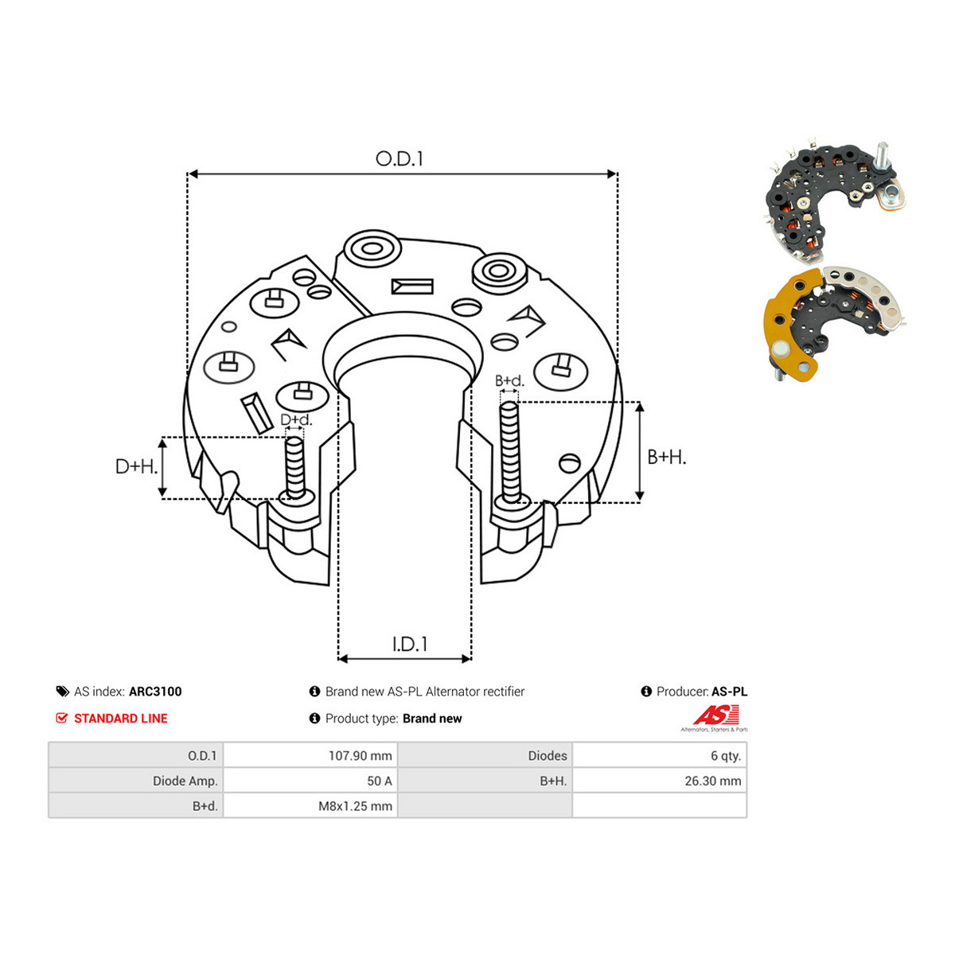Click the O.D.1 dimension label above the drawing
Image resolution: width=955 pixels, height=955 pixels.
399,159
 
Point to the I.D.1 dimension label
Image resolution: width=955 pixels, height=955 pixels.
409,645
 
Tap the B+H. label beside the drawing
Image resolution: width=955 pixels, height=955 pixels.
667,457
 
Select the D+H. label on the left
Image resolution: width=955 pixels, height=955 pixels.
136,466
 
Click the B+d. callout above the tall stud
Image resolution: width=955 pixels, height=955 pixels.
509,380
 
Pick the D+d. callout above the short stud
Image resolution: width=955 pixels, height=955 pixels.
296,419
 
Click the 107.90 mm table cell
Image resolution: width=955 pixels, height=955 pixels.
361,756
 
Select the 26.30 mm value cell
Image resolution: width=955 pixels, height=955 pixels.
712,781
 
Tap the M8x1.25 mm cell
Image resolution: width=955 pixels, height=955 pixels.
355,806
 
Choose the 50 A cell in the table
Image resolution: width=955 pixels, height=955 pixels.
380,781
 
